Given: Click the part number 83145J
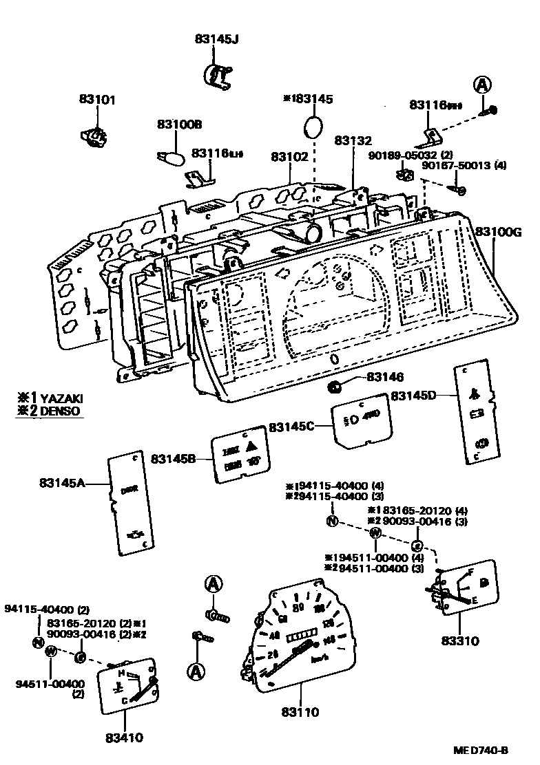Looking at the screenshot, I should [216, 39].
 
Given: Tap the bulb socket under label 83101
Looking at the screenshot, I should [94, 137].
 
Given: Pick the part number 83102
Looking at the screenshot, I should [289, 157].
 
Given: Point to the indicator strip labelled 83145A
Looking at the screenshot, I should [130, 503].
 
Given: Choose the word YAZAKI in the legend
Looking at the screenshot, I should [62, 398].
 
